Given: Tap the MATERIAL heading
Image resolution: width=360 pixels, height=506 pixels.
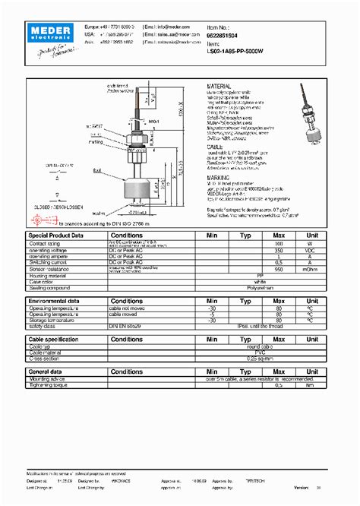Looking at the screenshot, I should pos(223,88).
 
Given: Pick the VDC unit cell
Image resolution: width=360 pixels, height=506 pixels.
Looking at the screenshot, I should pos(310,250).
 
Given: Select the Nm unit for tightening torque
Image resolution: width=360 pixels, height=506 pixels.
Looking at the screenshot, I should pos(310,384).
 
